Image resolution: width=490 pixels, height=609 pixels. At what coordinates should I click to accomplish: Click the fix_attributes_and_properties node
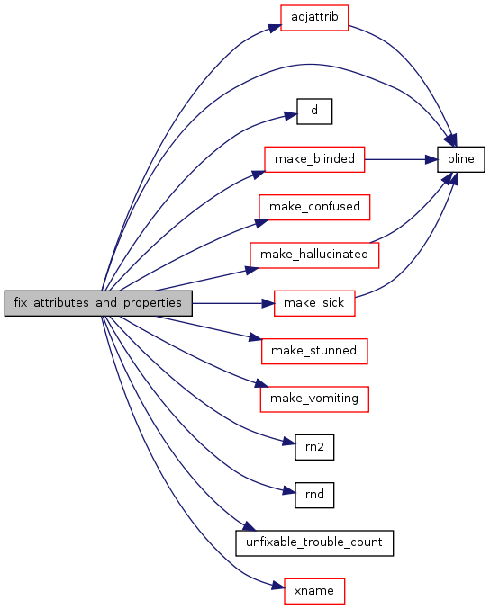[98, 303]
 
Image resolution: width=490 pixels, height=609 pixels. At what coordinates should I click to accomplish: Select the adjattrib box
[314, 18]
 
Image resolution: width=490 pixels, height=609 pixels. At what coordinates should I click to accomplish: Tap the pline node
[461, 159]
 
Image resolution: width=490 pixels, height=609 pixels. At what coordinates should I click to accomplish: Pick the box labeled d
[314, 112]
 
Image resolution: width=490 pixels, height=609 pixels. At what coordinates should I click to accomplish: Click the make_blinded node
[314, 159]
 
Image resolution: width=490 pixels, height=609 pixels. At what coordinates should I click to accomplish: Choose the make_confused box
[314, 208]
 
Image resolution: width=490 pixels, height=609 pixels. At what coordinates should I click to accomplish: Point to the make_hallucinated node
[314, 255]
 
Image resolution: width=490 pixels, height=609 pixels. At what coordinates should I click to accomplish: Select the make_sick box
[314, 303]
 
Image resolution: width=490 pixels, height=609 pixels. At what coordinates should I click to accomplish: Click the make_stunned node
[314, 351]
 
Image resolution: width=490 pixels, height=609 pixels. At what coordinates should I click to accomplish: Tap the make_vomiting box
[314, 399]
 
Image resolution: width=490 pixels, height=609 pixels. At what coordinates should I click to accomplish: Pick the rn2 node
[314, 447]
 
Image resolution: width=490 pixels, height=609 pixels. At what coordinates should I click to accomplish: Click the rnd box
[314, 495]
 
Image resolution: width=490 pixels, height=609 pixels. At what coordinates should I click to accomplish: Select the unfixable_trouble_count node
[314, 543]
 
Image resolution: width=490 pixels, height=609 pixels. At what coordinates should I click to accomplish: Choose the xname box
[314, 591]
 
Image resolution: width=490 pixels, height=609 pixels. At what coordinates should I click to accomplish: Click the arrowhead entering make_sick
[268, 303]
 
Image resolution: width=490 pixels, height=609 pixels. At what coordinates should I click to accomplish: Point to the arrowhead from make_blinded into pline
[431, 159]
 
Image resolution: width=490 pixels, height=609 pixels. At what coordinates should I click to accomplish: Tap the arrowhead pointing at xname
[278, 586]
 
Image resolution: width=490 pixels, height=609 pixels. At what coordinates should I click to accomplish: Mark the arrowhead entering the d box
[291, 116]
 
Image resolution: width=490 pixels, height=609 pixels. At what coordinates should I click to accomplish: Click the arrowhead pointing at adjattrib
[275, 28]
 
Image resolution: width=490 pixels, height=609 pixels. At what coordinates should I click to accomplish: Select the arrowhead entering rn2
[289, 442]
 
